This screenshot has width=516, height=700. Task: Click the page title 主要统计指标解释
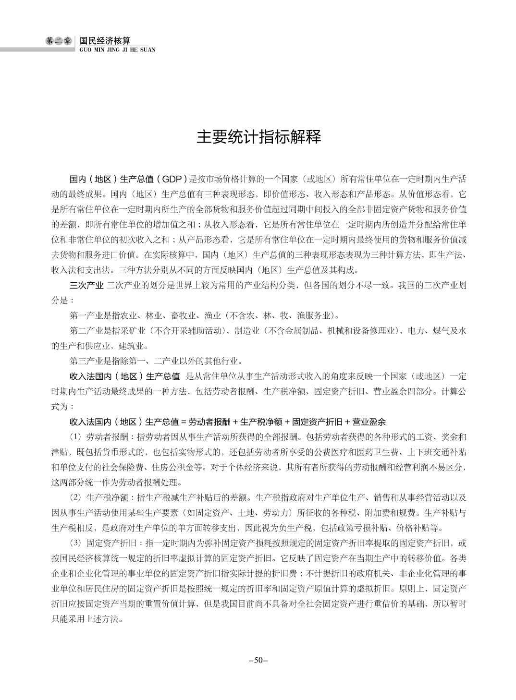(x=258, y=137)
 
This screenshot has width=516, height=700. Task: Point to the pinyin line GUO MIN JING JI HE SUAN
(x=117, y=49)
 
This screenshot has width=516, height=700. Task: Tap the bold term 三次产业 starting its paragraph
(x=86, y=285)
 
